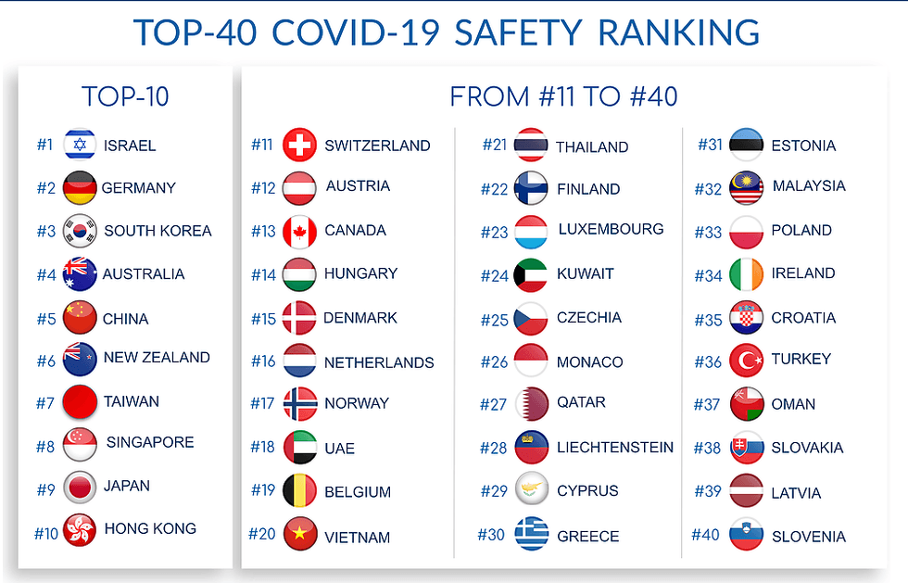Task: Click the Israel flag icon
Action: (x=80, y=145)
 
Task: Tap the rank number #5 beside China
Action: (x=45, y=319)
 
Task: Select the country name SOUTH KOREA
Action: (x=158, y=231)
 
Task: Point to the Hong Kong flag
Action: (x=80, y=530)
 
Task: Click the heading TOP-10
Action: (x=125, y=96)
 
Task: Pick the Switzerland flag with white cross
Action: (x=299, y=146)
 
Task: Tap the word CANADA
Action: (x=355, y=230)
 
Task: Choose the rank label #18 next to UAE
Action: (x=263, y=448)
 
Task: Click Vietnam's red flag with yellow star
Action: (x=299, y=535)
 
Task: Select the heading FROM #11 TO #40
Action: (x=563, y=96)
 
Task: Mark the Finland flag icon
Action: (x=531, y=189)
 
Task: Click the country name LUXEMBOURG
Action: (x=611, y=229)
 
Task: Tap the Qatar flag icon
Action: (x=531, y=403)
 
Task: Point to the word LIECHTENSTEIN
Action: (x=615, y=448)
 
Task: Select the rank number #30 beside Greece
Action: (x=491, y=535)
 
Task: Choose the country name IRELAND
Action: (x=802, y=273)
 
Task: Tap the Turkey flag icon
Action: (x=746, y=360)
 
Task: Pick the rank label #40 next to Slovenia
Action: (x=705, y=535)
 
